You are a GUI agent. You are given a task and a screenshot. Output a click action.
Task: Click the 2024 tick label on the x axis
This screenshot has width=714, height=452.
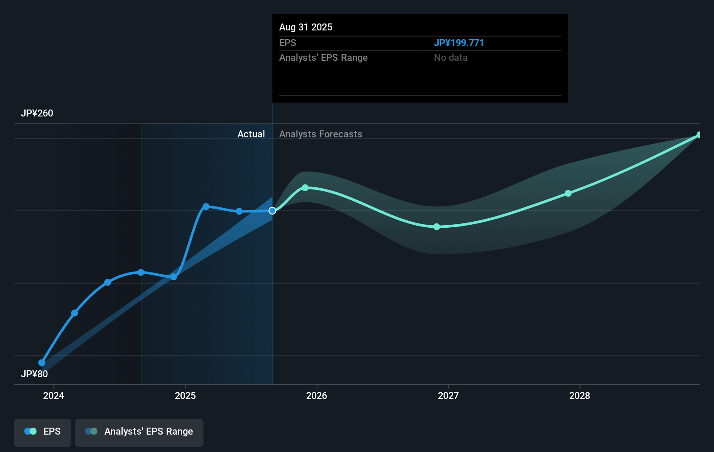click(53, 395)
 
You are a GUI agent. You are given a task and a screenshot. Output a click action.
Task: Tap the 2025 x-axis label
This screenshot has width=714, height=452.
click(185, 395)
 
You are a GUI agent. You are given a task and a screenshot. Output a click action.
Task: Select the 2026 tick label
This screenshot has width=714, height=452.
click(317, 395)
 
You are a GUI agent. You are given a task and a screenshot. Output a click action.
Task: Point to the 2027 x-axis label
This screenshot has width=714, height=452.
click(448, 395)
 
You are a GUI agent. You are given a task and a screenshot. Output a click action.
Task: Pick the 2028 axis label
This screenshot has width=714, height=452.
click(580, 395)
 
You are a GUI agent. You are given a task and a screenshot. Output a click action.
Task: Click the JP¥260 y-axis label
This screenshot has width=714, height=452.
click(37, 113)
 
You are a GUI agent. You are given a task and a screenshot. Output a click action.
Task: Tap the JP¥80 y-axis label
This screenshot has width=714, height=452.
click(34, 374)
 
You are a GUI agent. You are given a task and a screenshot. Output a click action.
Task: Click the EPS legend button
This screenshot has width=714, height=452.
click(43, 432)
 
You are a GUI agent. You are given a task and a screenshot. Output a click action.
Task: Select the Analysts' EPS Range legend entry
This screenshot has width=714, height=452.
click(139, 432)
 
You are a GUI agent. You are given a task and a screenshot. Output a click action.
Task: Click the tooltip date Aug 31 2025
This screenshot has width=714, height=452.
click(306, 27)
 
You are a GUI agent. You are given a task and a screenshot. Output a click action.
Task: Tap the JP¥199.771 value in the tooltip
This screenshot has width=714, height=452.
click(459, 43)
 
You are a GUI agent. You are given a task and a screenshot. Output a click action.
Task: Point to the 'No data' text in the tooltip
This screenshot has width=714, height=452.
click(450, 57)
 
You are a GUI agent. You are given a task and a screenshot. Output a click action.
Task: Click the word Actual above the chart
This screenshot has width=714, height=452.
click(251, 134)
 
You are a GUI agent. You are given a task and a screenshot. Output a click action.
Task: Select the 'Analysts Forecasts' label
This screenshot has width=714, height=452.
click(320, 134)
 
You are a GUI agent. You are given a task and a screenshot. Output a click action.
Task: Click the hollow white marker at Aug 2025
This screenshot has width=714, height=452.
click(272, 211)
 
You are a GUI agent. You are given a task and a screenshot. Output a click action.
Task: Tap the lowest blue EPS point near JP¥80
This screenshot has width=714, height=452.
click(42, 363)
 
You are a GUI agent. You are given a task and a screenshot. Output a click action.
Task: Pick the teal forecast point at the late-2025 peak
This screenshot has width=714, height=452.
click(305, 188)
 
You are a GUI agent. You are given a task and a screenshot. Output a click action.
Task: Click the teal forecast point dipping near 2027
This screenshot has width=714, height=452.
click(437, 227)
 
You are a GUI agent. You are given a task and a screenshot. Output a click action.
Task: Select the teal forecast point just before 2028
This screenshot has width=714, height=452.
click(568, 193)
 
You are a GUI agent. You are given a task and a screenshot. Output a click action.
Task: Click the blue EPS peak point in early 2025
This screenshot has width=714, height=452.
click(206, 206)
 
